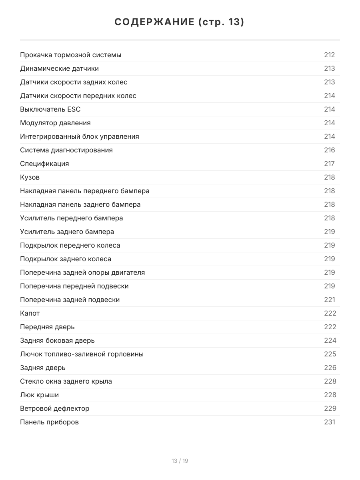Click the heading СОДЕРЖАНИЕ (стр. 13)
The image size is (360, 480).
point(180,22)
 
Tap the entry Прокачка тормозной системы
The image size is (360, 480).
point(71,55)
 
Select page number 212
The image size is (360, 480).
point(329,55)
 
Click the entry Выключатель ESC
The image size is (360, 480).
point(50,109)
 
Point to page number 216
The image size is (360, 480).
point(329,150)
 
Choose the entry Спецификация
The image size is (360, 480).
point(44,164)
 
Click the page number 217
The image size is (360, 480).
point(329,164)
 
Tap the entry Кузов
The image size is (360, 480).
point(30,177)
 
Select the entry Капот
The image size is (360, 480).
point(30,313)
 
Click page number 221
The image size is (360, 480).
point(329,300)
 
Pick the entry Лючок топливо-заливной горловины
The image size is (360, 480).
point(82,354)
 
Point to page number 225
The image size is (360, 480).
point(330,354)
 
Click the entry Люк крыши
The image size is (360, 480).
point(40,395)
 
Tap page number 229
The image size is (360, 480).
point(330,408)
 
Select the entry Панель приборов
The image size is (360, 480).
point(49,422)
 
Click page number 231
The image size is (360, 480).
point(329,422)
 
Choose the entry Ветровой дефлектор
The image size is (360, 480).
point(55,408)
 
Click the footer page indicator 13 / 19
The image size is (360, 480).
point(180,461)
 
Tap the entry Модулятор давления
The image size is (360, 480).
point(55,123)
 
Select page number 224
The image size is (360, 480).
point(330,340)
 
